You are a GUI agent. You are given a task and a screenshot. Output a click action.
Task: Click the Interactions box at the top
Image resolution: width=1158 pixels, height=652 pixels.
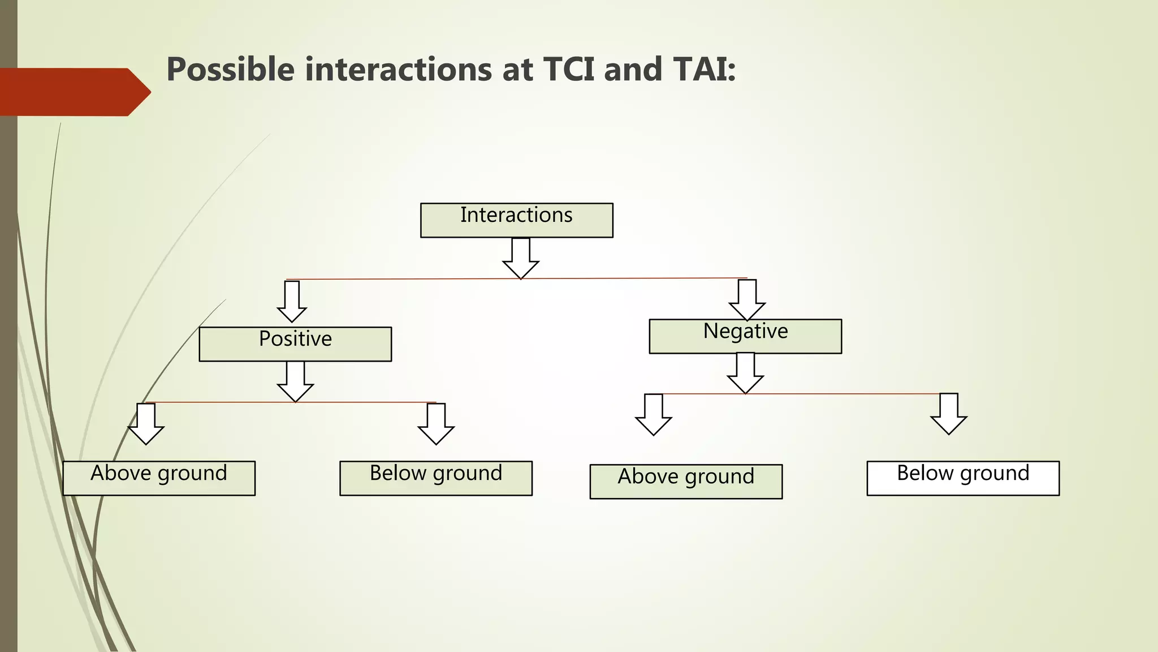point(516,220)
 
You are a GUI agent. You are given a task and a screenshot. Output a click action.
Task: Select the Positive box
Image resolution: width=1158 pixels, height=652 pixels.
point(295,344)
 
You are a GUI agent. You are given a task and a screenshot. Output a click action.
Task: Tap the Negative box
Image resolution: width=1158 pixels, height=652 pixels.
point(745,336)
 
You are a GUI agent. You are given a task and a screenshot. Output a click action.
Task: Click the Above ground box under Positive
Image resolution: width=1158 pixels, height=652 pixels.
point(159,478)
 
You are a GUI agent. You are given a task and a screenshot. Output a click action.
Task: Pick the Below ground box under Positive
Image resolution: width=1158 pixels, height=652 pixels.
point(436,478)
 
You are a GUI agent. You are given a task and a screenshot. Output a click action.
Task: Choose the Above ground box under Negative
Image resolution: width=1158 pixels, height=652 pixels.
point(686,482)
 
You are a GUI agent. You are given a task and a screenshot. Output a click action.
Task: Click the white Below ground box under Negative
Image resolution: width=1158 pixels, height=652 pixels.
point(963,478)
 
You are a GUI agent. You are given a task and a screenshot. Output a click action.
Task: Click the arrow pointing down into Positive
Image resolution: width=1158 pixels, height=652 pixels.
point(292,302)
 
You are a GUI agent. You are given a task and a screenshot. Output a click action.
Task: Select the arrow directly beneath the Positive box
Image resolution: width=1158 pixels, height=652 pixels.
point(295,381)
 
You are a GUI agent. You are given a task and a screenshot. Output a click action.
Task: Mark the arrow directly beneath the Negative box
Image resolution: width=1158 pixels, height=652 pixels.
point(745,373)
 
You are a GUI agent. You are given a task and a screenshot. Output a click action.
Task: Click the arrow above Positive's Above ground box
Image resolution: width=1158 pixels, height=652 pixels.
point(146,424)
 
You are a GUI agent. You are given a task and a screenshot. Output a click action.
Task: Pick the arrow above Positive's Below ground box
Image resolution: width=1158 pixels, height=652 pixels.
point(436,424)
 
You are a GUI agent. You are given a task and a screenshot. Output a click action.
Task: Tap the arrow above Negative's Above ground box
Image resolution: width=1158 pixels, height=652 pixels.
point(654,415)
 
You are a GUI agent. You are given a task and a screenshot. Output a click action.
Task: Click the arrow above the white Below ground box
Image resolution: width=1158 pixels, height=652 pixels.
point(949,414)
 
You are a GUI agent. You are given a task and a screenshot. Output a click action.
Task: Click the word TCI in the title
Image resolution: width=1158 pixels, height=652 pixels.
point(569,70)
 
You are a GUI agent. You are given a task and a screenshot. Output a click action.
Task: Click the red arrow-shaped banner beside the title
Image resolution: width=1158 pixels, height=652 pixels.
point(74,92)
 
